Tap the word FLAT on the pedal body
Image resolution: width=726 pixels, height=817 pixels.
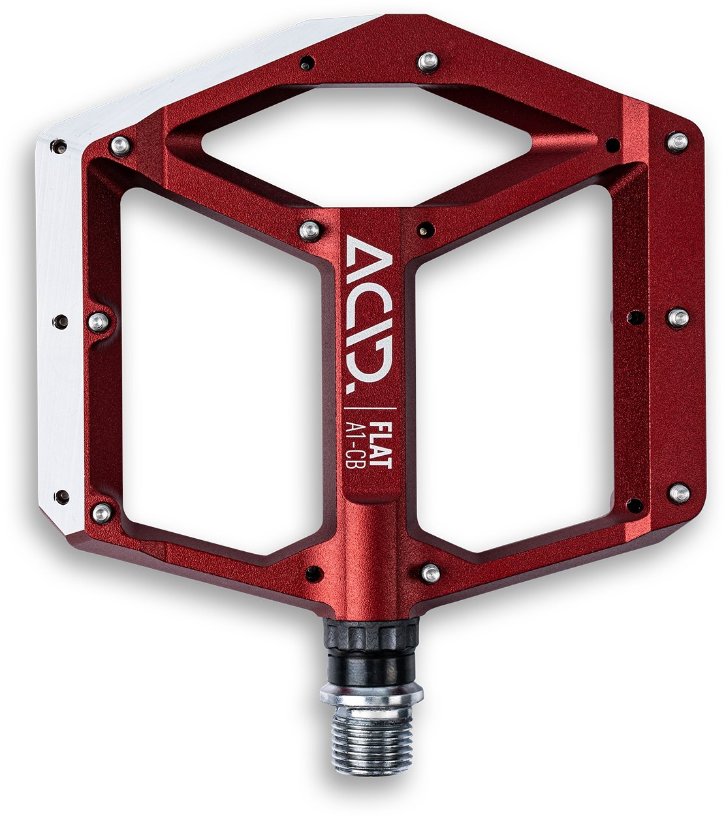tap(381, 445)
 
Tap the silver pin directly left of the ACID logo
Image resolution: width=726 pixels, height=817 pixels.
tap(309, 229)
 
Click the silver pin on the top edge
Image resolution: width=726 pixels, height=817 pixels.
tap(428, 61)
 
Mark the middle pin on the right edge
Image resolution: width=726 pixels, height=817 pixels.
tap(678, 317)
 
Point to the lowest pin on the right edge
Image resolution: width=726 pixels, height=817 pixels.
tap(679, 492)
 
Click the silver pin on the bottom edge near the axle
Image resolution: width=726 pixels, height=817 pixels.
tap(429, 573)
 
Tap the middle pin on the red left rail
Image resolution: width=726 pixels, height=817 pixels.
tap(97, 321)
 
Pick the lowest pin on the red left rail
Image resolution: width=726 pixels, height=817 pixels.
tap(101, 512)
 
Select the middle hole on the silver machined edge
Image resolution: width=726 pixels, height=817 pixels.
tap(61, 321)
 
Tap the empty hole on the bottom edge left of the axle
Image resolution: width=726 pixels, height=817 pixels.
tap(314, 573)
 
